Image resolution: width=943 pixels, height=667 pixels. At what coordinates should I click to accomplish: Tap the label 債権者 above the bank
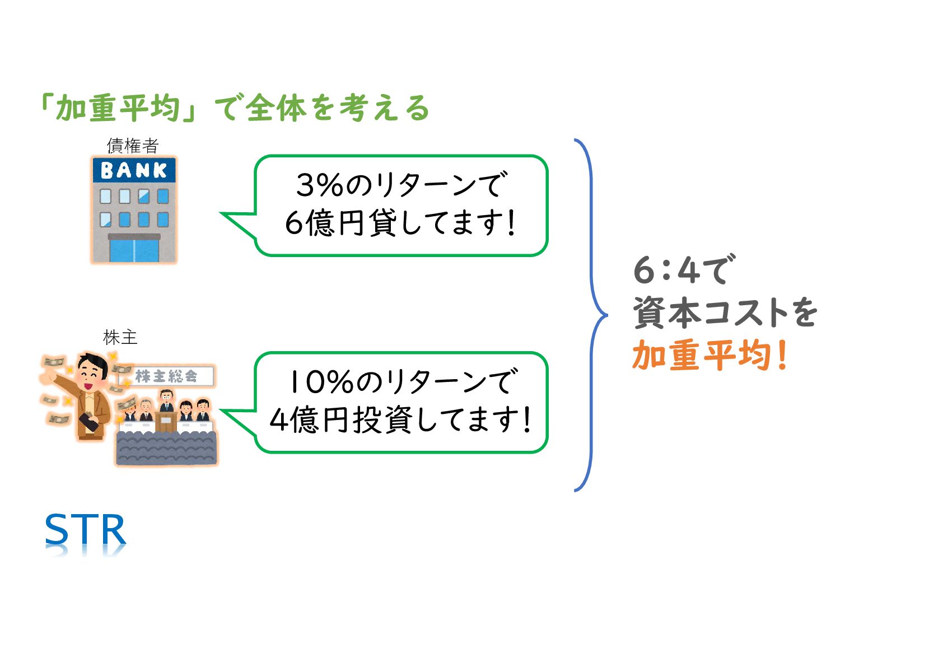point(133,146)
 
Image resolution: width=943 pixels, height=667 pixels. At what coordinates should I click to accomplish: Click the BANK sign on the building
point(133,170)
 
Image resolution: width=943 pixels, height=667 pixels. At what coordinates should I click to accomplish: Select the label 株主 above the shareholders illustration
point(120,337)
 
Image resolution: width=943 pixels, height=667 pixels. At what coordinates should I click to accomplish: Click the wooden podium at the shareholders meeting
point(166,421)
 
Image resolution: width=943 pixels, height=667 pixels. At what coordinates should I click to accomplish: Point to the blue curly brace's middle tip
point(606,315)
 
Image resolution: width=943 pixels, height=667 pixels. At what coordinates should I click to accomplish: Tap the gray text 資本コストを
point(725,312)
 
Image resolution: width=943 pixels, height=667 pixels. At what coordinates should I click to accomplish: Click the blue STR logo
point(85,530)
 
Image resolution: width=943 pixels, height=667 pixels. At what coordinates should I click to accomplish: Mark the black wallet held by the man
point(90,421)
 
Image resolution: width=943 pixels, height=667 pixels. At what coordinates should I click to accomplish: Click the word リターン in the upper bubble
point(426,185)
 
